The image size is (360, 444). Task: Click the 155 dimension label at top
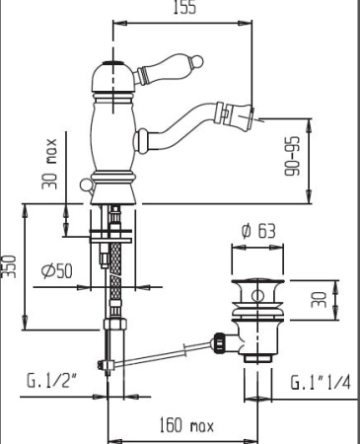184,7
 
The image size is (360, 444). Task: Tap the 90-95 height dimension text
292,156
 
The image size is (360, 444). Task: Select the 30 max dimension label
49,164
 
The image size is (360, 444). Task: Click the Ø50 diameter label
57,271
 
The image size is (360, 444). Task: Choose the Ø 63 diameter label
258,231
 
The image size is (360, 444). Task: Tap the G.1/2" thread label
51,381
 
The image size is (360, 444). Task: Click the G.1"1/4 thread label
321,383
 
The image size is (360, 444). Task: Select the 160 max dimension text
186,425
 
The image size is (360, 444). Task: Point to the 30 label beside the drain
319,299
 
